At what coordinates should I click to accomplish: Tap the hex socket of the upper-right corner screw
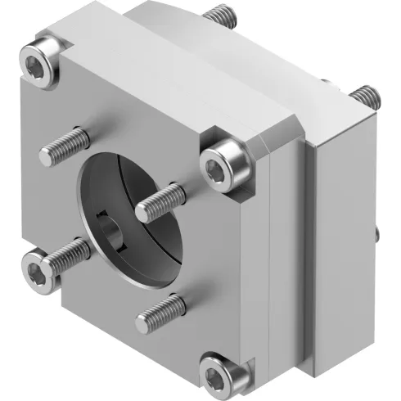[219, 167]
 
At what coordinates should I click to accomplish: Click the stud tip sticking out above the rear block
[216, 14]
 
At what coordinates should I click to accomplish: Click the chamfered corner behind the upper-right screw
[260, 146]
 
